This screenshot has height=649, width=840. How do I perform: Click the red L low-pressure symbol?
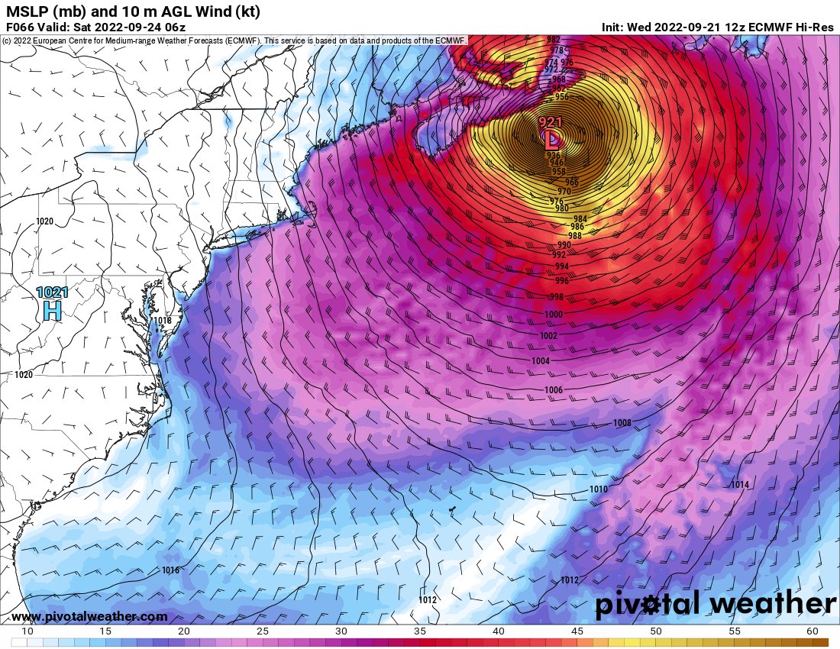point(551,139)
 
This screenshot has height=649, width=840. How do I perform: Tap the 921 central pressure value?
point(551,122)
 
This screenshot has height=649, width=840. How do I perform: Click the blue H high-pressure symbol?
point(52,310)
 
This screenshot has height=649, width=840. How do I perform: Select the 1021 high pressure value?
point(51,292)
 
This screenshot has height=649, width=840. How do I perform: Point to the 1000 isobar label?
point(554,315)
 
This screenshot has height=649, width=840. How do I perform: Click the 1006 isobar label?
point(554,390)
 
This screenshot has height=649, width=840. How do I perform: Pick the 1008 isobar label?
point(622,423)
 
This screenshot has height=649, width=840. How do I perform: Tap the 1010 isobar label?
point(599,489)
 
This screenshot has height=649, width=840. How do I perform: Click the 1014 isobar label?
point(739,485)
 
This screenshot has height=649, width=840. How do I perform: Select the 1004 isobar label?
point(541,361)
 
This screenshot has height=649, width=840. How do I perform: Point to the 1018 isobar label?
point(163,321)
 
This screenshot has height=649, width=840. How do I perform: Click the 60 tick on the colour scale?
point(812,631)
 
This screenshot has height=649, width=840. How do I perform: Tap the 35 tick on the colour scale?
point(420,631)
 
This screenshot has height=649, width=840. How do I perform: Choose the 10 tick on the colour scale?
point(27,631)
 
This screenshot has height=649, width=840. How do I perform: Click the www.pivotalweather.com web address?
point(89,616)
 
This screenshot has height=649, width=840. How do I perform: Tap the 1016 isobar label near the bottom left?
point(170,570)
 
